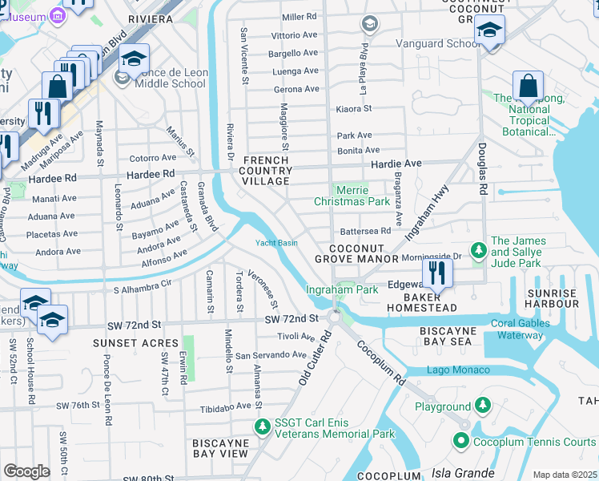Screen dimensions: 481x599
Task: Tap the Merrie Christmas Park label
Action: (x=352, y=196)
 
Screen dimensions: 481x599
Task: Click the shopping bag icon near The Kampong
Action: (x=529, y=86)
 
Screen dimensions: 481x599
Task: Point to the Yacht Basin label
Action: (x=276, y=243)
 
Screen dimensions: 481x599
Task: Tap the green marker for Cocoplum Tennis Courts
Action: (x=461, y=440)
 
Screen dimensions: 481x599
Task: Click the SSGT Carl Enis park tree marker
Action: (x=261, y=426)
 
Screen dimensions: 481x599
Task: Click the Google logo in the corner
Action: (x=26, y=471)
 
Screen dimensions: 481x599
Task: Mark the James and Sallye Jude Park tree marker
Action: (x=478, y=251)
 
